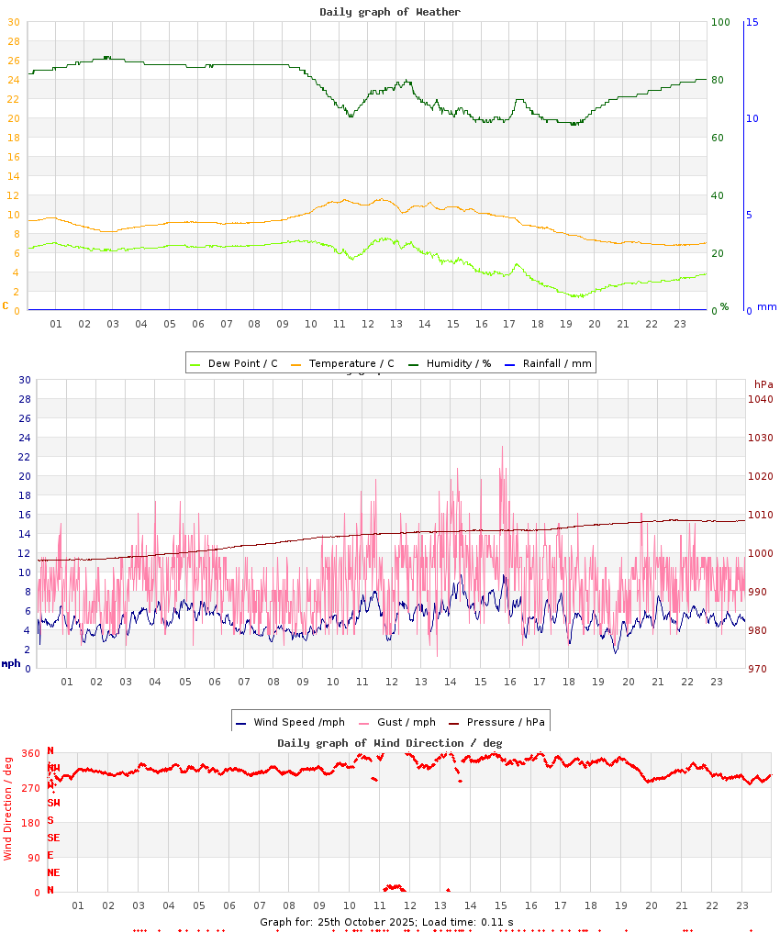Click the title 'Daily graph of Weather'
pyautogui.click(x=390, y=12)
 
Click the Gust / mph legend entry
pyautogui.click(x=403, y=722)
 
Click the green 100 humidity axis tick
pyautogui.click(x=720, y=22)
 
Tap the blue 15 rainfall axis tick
pyautogui.click(x=752, y=22)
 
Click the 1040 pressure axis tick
pyautogui.click(x=761, y=399)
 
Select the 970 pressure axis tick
pyautogui.click(x=761, y=669)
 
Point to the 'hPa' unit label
pyautogui.click(x=763, y=383)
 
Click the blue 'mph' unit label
pyautogui.click(x=10, y=663)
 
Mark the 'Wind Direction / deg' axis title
pyautogui.click(x=8, y=807)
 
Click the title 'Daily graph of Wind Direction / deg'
pyautogui.click(x=390, y=742)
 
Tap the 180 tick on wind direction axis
pyautogui.click(x=30, y=823)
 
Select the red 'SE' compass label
pyautogui.click(x=53, y=838)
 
